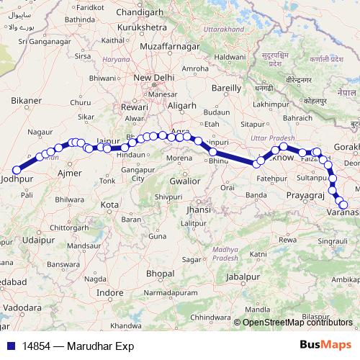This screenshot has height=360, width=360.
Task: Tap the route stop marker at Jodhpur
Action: [x=16, y=170]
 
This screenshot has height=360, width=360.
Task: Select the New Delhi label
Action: [x=154, y=78]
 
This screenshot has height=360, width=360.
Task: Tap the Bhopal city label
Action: [x=160, y=274]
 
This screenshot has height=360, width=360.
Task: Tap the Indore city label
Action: [x=109, y=293]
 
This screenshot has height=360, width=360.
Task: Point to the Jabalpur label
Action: [x=242, y=276]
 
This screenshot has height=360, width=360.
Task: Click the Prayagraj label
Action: [x=306, y=195]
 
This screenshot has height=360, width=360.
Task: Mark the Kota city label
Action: [x=109, y=205]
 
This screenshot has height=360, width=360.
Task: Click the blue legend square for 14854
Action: [x=12, y=346]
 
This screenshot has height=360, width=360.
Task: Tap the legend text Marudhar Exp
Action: [x=99, y=346]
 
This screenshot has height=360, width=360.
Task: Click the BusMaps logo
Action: [x=325, y=346]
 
